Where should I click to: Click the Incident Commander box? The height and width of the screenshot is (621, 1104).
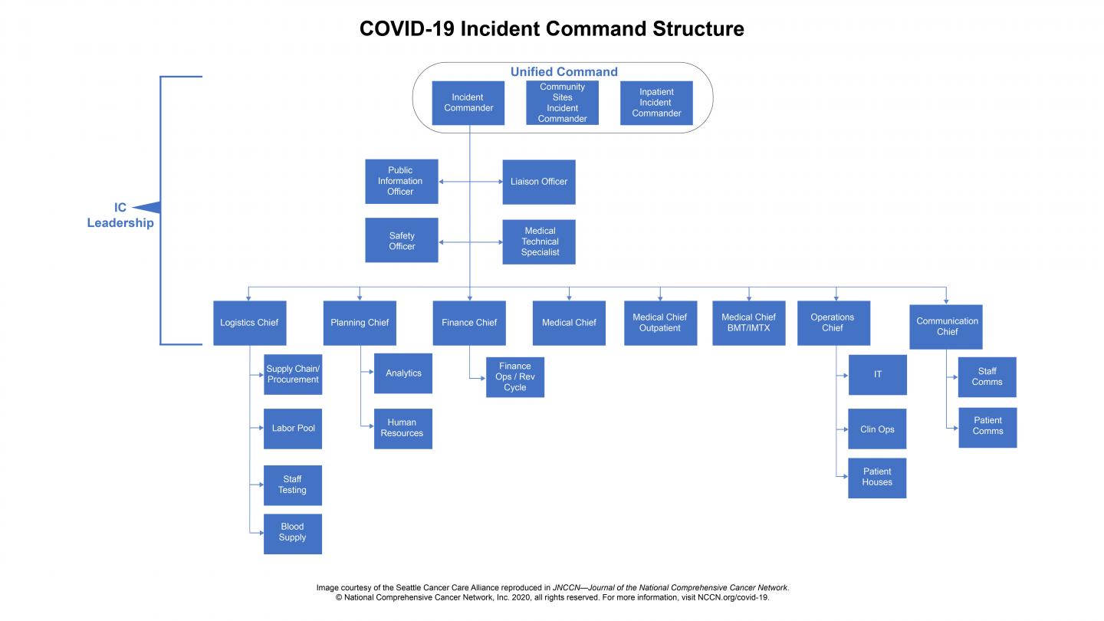468,103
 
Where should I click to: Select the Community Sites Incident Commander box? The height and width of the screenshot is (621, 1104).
562,103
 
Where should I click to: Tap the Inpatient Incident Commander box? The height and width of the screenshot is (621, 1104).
656,103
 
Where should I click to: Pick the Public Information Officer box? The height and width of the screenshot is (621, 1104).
401,181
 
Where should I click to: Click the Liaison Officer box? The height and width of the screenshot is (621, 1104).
539,182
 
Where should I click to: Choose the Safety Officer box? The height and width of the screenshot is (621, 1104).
402,241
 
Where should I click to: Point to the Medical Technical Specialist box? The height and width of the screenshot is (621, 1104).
539,242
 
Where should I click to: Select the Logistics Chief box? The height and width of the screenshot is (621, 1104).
249,323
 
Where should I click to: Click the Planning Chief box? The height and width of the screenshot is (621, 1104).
360,323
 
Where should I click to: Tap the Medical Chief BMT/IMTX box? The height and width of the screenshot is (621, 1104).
748,323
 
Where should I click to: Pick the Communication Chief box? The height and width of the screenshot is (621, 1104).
947,327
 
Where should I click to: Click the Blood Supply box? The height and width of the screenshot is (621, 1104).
292,533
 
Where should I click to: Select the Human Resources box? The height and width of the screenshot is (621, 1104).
402,429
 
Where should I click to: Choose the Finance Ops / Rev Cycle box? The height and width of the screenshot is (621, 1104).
515,377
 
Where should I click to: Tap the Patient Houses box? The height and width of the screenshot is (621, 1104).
877,478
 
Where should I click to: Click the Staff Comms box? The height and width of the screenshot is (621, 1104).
987,377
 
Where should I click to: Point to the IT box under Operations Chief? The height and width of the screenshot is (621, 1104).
877,374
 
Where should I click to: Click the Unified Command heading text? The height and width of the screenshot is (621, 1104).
563,72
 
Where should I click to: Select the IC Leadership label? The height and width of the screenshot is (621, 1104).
120,215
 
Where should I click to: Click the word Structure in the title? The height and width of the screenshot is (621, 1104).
698,29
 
